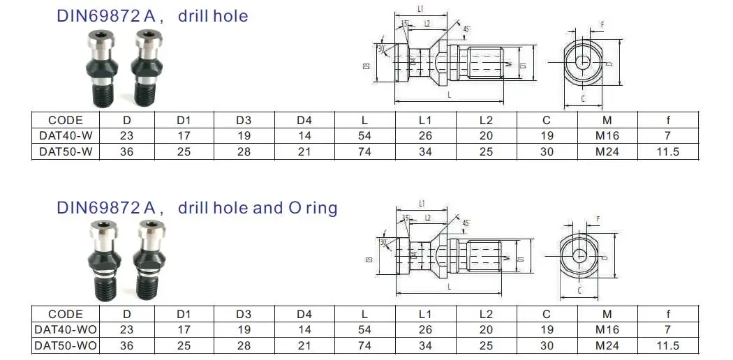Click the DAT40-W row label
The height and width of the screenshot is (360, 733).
coord(66,136)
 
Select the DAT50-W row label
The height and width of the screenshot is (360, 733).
coord(66,151)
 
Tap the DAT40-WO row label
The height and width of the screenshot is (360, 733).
coord(66,330)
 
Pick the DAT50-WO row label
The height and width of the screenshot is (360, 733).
coord(66,345)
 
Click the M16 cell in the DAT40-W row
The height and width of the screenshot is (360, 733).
coord(607,136)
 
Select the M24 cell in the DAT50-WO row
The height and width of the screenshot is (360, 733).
coord(607,345)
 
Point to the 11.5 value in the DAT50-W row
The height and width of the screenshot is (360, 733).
coord(668,151)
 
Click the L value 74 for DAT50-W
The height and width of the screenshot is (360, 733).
coord(364,151)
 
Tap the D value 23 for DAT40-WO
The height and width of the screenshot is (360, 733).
coord(127,330)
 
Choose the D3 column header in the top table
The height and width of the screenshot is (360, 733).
coord(244,120)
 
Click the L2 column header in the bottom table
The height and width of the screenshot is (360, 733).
coord(486,315)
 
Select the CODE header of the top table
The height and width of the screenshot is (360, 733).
coord(66,120)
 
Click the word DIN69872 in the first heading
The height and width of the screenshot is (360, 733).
coord(98,16)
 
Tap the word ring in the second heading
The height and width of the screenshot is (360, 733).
coord(321,208)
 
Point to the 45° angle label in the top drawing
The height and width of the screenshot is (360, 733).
coord(466,29)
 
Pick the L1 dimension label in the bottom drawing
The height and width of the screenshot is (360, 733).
coord(422,203)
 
